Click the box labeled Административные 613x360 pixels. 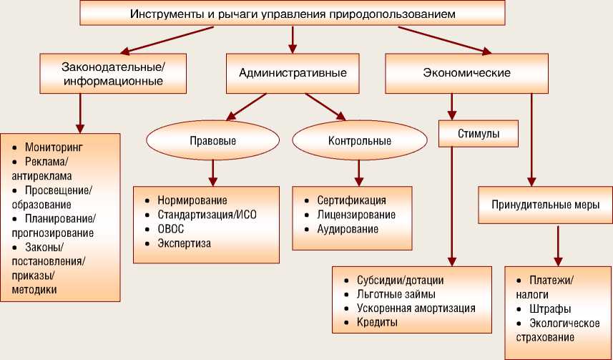coord(293,73)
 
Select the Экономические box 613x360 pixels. coord(466,73)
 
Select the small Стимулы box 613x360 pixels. coord(479,132)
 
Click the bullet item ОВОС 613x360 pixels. coord(170,229)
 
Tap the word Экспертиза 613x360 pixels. coord(184,243)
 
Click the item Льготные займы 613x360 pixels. coord(396,294)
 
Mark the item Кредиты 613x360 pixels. coord(377,323)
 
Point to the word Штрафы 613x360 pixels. coord(549,309)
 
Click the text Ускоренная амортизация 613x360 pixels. coord(416,308)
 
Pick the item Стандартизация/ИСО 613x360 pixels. coord(207,215)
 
